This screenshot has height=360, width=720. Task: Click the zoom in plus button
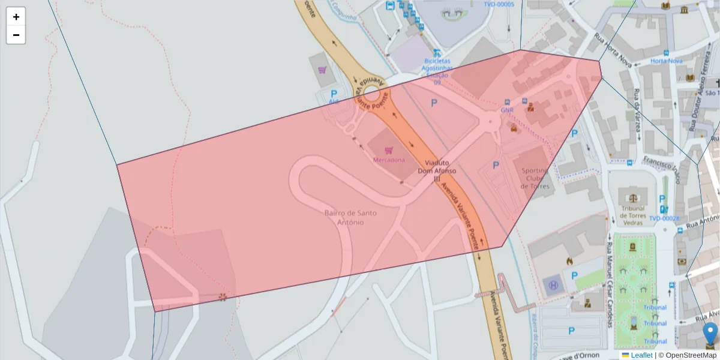tap(16, 17)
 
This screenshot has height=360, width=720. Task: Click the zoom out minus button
tap(16, 35)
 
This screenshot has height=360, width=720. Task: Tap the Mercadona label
tap(389, 160)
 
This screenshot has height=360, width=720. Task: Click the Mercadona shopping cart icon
tap(389, 150)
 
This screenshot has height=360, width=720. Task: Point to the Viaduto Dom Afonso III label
tap(437, 170)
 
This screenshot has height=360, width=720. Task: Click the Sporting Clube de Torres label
tap(535, 178)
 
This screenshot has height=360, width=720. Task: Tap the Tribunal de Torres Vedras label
tap(632, 215)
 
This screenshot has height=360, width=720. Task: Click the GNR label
tap(507, 110)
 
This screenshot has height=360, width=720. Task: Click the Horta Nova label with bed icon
tap(667, 61)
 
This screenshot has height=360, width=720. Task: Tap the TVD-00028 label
tap(664, 218)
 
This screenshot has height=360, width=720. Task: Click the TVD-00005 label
tap(499, 4)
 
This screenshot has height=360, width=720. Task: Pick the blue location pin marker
tap(710, 333)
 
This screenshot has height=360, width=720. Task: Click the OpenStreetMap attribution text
tap(691, 355)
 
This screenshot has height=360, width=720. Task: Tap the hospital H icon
tap(553, 286)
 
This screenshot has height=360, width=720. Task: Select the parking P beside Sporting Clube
tap(496, 165)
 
